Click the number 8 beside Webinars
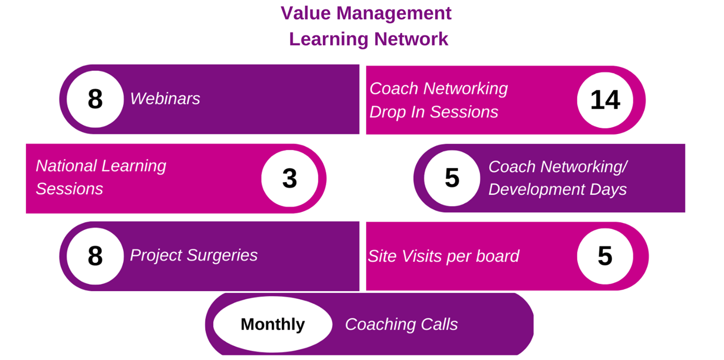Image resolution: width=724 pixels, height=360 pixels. point(95,99)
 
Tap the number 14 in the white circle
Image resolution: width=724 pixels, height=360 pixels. point(605,100)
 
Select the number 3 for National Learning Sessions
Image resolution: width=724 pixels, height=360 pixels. point(289,178)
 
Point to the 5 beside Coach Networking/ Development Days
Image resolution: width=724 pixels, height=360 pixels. point(452,177)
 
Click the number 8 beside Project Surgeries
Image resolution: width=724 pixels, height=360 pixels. point(95,256)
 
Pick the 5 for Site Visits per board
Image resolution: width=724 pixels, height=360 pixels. point(605,256)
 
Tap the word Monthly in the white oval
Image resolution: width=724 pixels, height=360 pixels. point(273,325)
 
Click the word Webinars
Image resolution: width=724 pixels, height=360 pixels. point(165,99)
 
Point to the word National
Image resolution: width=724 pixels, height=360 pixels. point(66,166)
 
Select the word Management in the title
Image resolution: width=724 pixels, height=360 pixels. point(394,14)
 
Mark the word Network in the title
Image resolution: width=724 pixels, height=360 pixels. point(411,39)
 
